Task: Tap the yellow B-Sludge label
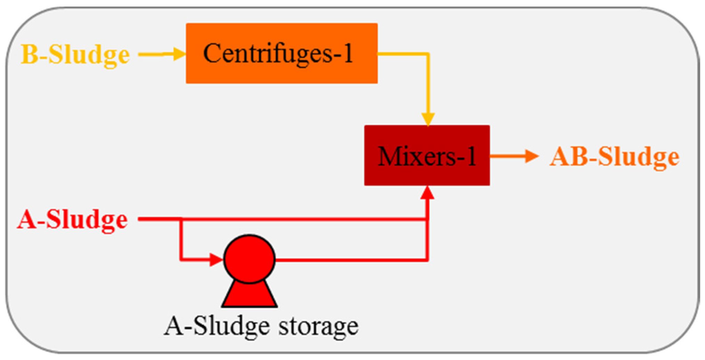[75, 55]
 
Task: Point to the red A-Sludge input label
[73, 220]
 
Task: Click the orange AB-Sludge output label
[614, 157]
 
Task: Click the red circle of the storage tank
[249, 259]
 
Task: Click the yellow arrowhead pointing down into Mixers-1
[428, 119]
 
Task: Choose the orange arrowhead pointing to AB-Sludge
[532, 156]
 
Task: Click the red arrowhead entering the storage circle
[216, 259]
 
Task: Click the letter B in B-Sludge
[29, 55]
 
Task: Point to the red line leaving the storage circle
[348, 259]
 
